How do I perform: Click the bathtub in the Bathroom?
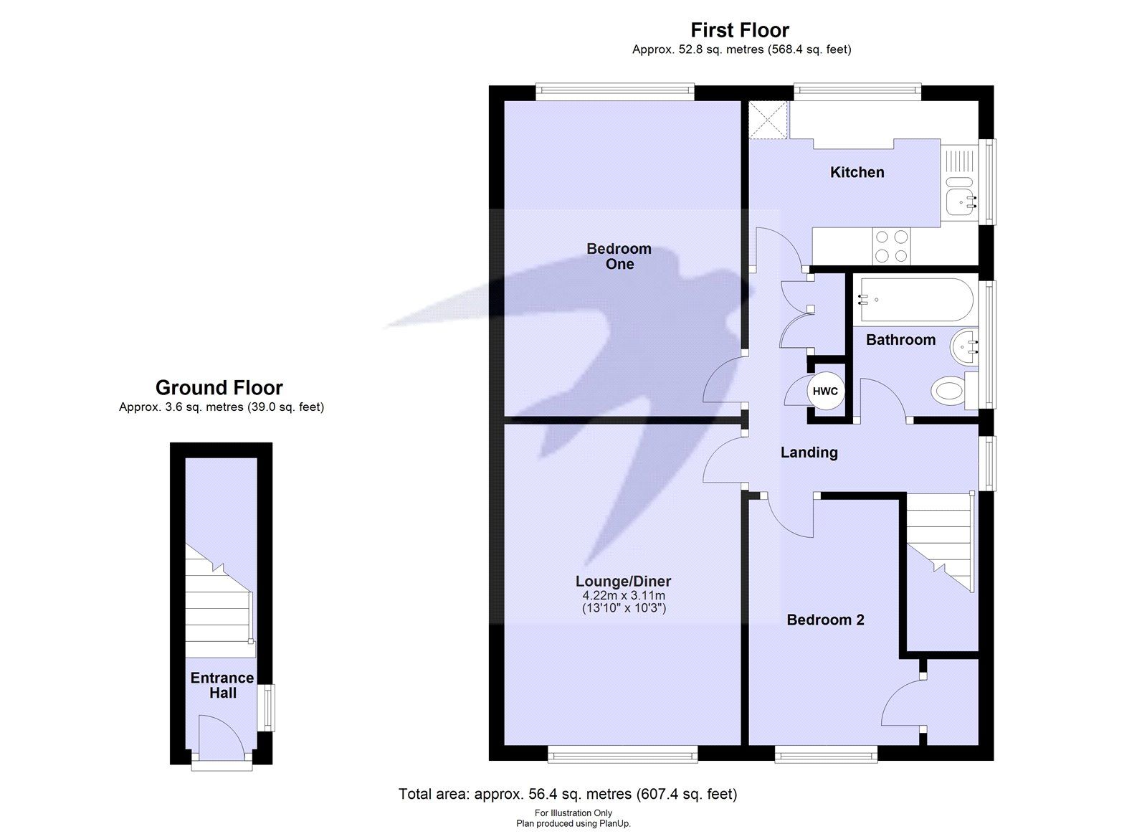[x=916, y=300]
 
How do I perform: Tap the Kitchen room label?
[x=857, y=172]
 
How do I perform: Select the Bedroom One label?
[x=619, y=256]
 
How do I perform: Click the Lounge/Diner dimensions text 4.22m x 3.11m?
[x=623, y=596]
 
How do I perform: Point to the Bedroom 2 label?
[x=825, y=620]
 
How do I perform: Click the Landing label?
[x=809, y=452]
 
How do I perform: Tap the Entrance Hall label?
[x=222, y=685]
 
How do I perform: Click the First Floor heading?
[x=740, y=30]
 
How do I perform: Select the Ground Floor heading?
[x=219, y=388]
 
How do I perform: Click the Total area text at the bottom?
[x=567, y=794]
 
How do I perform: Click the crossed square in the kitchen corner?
[x=768, y=120]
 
